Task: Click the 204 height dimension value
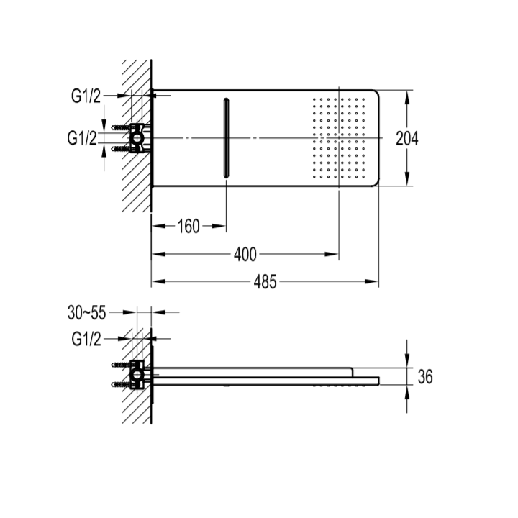[407, 138]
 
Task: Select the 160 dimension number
[188, 227]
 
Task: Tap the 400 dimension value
[245, 255]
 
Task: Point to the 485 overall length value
[265, 282]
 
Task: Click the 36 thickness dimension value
[425, 376]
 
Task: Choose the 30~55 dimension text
[86, 312]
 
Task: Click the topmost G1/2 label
[86, 96]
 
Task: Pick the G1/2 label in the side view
[86, 339]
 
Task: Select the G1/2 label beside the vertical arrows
[82, 137]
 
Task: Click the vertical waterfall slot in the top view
[227, 138]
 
